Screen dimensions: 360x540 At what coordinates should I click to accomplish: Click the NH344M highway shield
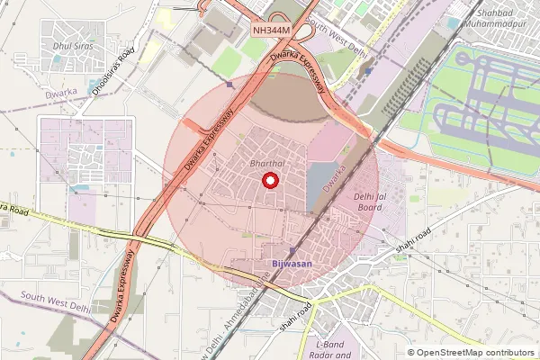[271, 31]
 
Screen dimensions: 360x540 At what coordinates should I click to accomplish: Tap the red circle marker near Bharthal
[269, 181]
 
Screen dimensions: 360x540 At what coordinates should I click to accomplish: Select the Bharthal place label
[267, 163]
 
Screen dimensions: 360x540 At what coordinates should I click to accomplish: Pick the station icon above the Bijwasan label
[292, 250]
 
